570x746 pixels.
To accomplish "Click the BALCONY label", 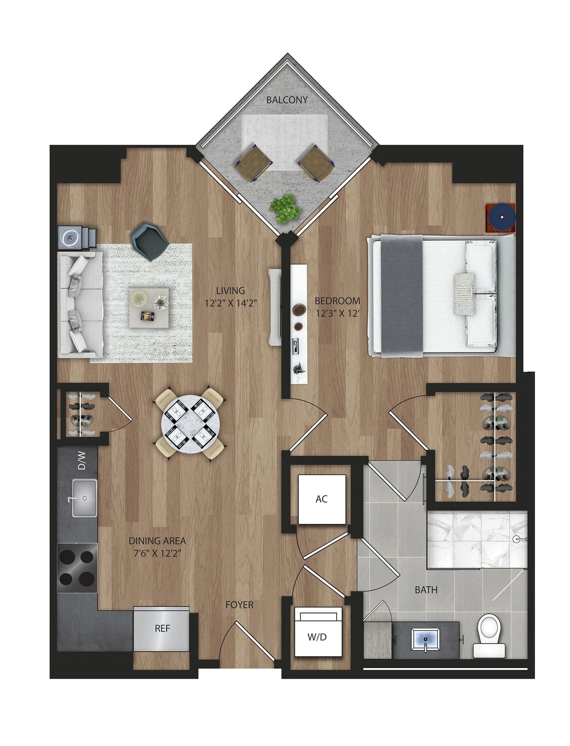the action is [x=287, y=100].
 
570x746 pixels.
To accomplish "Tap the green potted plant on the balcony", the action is [x=285, y=208].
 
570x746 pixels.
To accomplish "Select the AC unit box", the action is [x=322, y=499].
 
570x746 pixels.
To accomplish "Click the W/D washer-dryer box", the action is [x=318, y=637].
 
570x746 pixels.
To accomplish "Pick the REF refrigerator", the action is [x=162, y=629].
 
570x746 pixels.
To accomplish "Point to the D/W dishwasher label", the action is [x=82, y=461].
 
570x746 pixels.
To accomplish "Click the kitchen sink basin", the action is [x=85, y=498].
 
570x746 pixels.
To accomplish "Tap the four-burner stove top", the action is [x=77, y=568].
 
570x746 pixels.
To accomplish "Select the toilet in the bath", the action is [x=489, y=635].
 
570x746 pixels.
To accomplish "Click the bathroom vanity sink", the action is [x=425, y=639].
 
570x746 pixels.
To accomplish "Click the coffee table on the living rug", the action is [x=149, y=308].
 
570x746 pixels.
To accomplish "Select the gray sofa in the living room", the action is [x=80, y=305].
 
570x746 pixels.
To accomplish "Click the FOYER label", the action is [x=239, y=605].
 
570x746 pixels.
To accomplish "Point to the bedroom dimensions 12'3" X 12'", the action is [x=338, y=313].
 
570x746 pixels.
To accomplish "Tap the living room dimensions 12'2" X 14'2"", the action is [x=231, y=303].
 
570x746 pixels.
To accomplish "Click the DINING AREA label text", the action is [x=157, y=540].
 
